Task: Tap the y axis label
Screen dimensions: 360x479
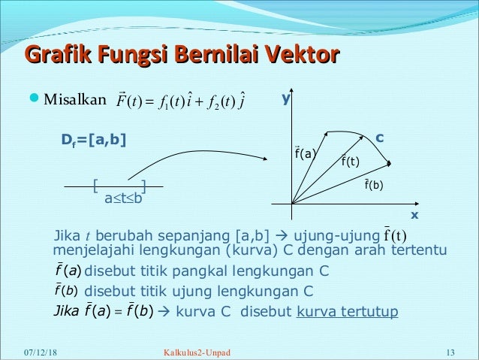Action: coord(285,98)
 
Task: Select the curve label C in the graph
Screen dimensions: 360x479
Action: coord(380,138)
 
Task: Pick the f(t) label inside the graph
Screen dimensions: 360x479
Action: coord(350,160)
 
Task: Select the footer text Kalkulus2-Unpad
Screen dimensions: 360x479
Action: coord(197,352)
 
